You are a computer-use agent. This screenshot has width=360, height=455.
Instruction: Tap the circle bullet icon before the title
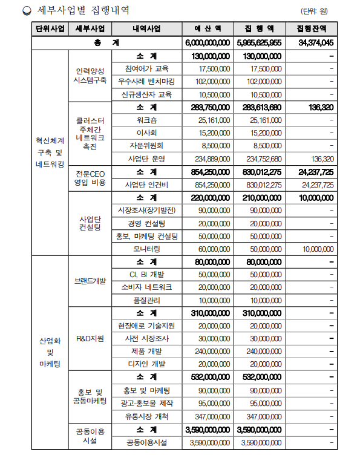click(x=25, y=10)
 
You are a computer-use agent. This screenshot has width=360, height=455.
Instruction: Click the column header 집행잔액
click(x=312, y=29)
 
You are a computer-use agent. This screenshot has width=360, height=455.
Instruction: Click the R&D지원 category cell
click(x=90, y=338)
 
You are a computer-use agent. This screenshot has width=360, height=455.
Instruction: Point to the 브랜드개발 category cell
click(x=90, y=281)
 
